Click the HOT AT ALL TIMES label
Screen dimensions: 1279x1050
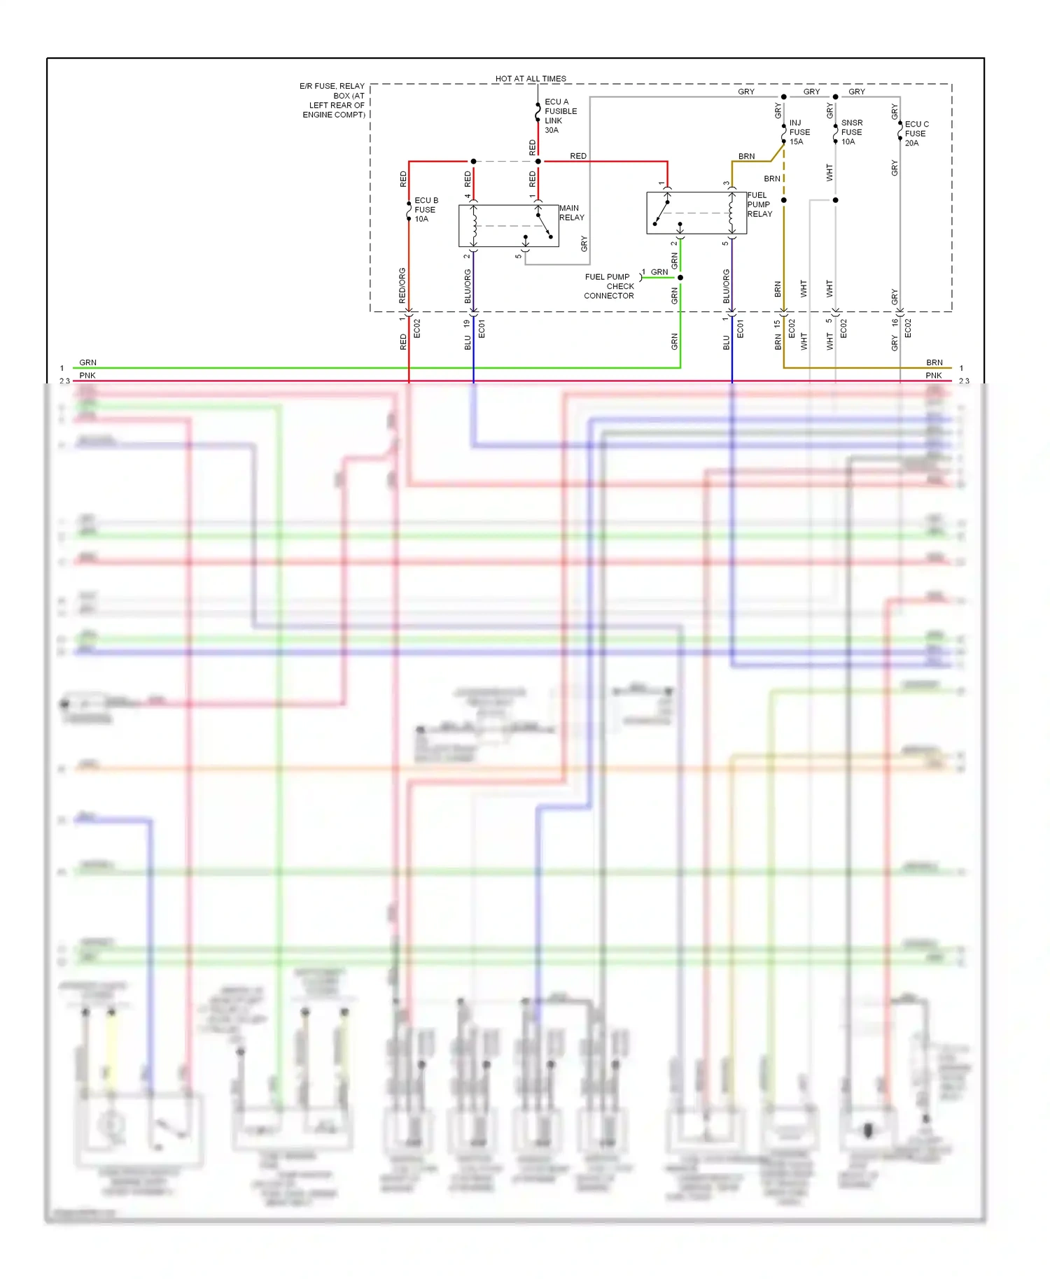pyautogui.click(x=531, y=78)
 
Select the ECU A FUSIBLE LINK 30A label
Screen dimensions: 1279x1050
pyautogui.click(x=560, y=115)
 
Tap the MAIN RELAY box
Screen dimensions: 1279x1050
pyautogui.click(x=509, y=225)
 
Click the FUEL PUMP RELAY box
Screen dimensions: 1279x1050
pyautogui.click(x=696, y=213)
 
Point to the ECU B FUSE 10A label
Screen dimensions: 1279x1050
pyautogui.click(x=426, y=209)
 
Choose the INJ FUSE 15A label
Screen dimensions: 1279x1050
pyautogui.click(x=799, y=132)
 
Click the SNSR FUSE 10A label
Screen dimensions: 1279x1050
pyautogui.click(x=850, y=132)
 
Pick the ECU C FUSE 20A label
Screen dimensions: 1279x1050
pyautogui.click(x=916, y=133)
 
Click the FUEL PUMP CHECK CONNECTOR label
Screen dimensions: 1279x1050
pyautogui.click(x=609, y=286)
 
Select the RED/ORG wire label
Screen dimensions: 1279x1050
pyautogui.click(x=402, y=285)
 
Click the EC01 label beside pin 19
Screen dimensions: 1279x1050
pyautogui.click(x=482, y=328)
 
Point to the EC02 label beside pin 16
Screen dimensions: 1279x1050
pyautogui.click(x=908, y=328)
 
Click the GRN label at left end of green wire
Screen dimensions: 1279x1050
pyautogui.click(x=87, y=362)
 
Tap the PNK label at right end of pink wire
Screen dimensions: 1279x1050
pyautogui.click(x=933, y=376)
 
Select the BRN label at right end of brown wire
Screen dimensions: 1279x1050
pyautogui.click(x=934, y=362)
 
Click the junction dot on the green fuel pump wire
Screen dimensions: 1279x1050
pyautogui.click(x=680, y=278)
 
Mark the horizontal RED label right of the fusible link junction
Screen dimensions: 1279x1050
pyautogui.click(x=578, y=156)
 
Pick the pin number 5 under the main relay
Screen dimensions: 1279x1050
pyautogui.click(x=518, y=257)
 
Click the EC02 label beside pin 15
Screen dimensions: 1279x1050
pyautogui.click(x=792, y=328)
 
